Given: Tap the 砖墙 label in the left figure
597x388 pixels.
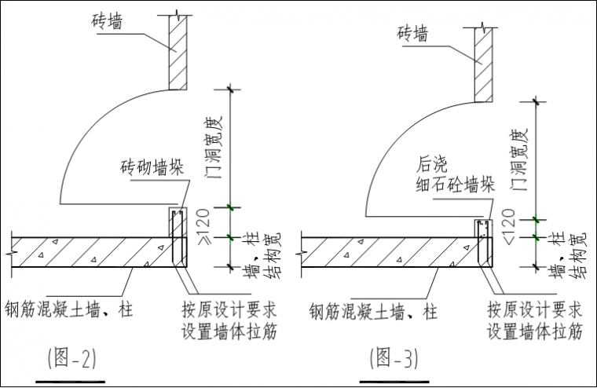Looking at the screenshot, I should (106, 23).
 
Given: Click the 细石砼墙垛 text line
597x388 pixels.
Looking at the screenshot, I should (455, 186).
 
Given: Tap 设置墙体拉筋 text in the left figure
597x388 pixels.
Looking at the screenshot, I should (229, 330).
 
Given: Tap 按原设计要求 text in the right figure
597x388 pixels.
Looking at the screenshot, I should (533, 308).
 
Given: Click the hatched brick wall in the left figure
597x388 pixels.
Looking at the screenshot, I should (177, 55).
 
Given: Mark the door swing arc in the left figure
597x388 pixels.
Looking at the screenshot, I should (86, 141).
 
